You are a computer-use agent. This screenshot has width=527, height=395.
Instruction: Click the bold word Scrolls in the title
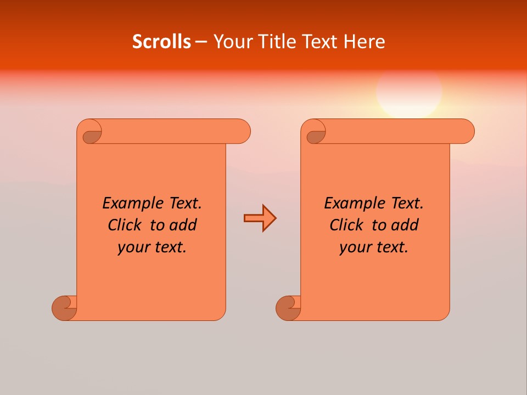pyautogui.click(x=161, y=42)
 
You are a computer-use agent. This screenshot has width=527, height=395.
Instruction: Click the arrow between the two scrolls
pyautogui.click(x=260, y=218)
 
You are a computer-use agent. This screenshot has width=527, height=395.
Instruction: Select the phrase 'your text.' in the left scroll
pyautogui.click(x=152, y=247)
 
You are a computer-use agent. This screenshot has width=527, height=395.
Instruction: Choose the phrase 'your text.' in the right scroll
pyautogui.click(x=374, y=247)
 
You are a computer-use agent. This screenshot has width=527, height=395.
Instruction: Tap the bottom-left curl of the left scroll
pyautogui.click(x=64, y=308)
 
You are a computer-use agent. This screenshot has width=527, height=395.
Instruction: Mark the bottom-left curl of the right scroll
pyautogui.click(x=288, y=308)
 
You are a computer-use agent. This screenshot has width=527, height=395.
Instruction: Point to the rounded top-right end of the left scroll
pyautogui.click(x=242, y=131)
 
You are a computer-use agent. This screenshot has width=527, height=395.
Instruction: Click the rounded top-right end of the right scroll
pyautogui.click(x=466, y=131)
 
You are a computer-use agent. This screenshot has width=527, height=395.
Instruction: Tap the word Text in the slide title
pyautogui.click(x=319, y=42)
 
